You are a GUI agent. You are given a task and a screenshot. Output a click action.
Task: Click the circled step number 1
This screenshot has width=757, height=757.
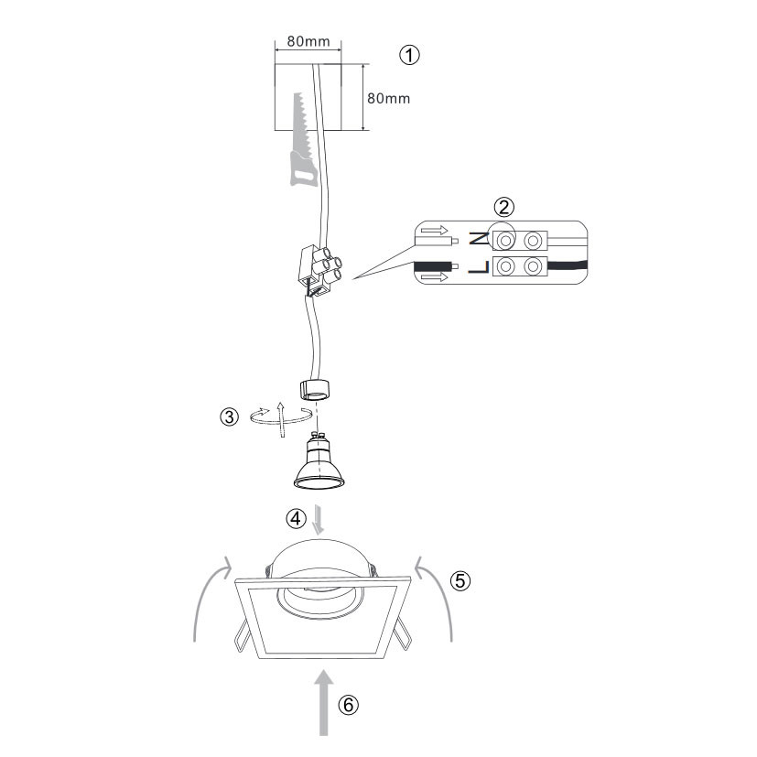(x=409, y=55)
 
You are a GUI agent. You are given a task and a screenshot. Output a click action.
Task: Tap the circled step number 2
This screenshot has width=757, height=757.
(x=504, y=208)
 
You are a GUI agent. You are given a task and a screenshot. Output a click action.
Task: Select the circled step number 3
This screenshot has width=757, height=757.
(x=230, y=416)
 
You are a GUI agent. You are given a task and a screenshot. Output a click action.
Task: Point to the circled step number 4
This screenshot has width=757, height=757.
(x=296, y=518)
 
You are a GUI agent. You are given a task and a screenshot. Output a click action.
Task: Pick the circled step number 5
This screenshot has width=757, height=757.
(x=460, y=580)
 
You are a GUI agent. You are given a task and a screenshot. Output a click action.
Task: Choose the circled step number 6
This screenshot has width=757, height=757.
(x=348, y=705)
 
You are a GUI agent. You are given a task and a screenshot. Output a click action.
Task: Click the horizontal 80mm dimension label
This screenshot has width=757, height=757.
(x=308, y=41)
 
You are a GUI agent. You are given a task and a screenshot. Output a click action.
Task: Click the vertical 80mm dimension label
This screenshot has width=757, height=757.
(x=389, y=99)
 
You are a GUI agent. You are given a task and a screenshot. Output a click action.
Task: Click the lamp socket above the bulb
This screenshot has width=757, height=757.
(x=314, y=389)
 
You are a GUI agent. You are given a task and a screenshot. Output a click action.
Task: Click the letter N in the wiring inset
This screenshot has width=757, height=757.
(x=479, y=239)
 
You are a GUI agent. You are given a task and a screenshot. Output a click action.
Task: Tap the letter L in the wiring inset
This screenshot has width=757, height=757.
(x=479, y=267)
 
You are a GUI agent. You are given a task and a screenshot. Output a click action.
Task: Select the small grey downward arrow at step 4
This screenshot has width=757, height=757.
(x=319, y=520)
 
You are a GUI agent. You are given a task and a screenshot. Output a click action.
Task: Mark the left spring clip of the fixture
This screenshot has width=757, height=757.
(x=243, y=636)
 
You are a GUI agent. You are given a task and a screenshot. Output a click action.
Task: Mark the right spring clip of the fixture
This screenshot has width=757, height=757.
(x=403, y=635)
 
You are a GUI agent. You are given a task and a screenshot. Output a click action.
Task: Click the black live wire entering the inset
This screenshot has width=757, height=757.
(x=432, y=266)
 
